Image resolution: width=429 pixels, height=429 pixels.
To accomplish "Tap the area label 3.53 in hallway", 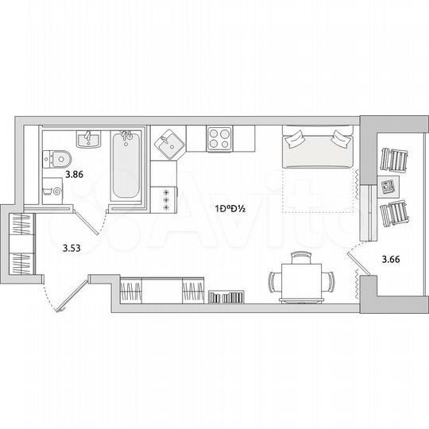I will click(x=71, y=248).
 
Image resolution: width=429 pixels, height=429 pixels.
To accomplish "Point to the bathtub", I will click(x=124, y=168).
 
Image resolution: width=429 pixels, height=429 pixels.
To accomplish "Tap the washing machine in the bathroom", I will click(x=56, y=191).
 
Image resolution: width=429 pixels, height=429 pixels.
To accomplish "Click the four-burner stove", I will click(x=218, y=139).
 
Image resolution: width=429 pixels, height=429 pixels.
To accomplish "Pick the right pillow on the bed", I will click(x=339, y=138).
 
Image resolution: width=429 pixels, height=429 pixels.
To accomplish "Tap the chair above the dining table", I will click(x=301, y=258).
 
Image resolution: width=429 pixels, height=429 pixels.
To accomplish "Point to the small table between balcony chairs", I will click(x=388, y=188).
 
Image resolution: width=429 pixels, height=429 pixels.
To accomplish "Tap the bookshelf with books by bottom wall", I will click(x=226, y=297).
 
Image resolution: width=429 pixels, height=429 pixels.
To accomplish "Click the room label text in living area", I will click(x=229, y=210).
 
